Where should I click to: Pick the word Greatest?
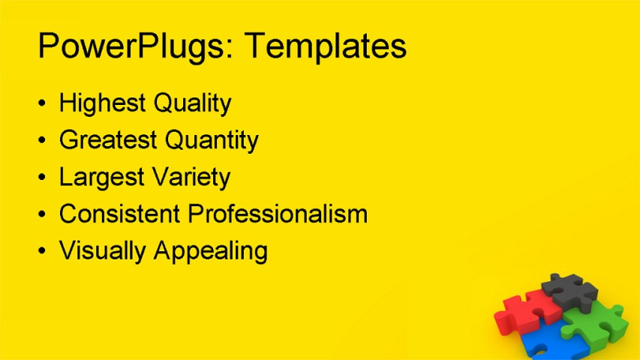pos(108,140)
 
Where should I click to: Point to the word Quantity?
pos(212,141)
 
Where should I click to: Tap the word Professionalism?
pos(278,214)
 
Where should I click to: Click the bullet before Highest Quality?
pos(42,103)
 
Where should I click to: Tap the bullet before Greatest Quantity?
pos(42,140)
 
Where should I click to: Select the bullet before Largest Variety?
pos(42,178)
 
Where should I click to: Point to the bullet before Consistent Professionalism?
pos(42,214)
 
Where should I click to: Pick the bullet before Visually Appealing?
pos(42,251)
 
